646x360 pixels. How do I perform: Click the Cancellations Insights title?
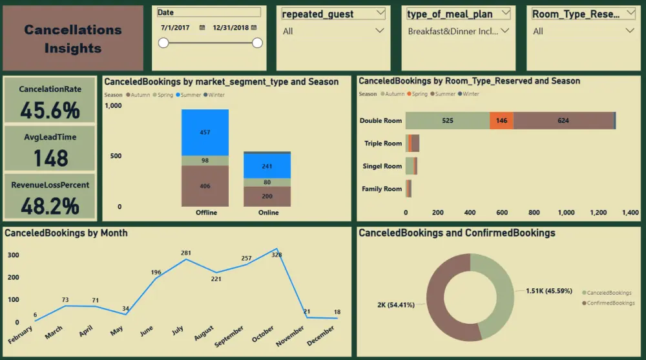point(73,39)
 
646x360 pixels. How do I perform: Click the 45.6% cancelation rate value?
point(50,110)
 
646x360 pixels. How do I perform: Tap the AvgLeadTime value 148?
point(50,158)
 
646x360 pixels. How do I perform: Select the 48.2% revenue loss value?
point(50,206)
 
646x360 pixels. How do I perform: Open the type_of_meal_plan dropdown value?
point(458,31)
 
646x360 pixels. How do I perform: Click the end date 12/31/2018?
point(231,27)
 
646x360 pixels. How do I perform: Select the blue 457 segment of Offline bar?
point(205,132)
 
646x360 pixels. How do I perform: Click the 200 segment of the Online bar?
point(267,196)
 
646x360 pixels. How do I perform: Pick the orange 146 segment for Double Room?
point(501,121)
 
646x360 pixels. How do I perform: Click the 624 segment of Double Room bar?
point(563,121)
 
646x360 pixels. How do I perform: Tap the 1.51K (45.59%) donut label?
point(548,291)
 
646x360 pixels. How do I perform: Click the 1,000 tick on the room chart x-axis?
point(566,212)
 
